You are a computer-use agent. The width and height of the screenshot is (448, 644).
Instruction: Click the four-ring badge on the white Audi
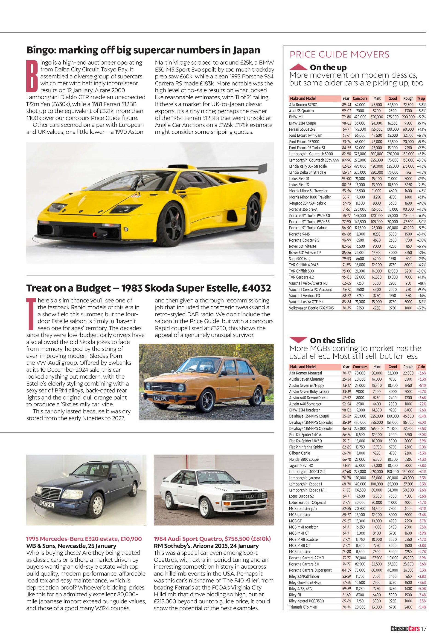tap(249, 497)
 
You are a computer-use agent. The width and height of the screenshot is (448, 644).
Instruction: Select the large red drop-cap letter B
tap(32, 76)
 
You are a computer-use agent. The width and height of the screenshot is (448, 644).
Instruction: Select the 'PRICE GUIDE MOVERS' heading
tap(339, 54)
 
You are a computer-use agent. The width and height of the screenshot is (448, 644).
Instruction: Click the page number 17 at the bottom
tap(423, 629)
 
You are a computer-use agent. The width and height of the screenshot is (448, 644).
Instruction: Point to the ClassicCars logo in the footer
tap(405, 629)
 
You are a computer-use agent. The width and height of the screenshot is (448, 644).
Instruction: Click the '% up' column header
tap(421, 98)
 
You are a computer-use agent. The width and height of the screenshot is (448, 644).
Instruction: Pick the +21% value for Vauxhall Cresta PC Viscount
tap(421, 283)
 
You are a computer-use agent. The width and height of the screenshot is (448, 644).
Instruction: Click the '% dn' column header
tap(421, 367)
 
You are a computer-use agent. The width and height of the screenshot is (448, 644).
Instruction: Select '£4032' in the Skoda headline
tap(256, 288)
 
